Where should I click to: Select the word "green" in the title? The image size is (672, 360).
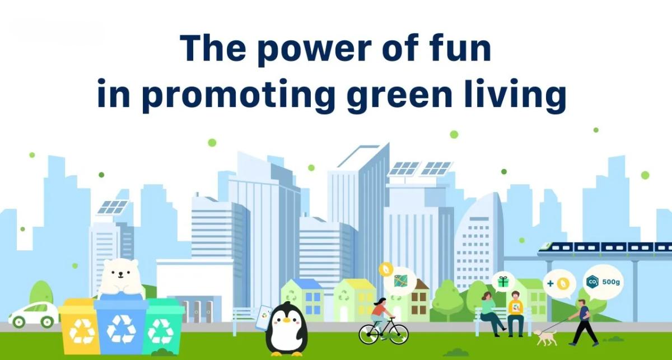(399, 95)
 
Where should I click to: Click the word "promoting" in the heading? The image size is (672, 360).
(238, 95)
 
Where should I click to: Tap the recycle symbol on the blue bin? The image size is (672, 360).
(121, 329)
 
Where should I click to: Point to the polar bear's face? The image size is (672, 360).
(120, 273)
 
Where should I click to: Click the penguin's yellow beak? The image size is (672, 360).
(287, 320)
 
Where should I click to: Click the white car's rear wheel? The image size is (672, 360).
(18, 322)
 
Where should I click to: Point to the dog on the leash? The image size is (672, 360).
(545, 337)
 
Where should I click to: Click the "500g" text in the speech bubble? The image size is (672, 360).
(611, 282)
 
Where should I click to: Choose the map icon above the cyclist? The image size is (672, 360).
(401, 281)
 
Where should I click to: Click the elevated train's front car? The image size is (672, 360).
(555, 248)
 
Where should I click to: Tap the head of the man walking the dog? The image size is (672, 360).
(582, 302)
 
